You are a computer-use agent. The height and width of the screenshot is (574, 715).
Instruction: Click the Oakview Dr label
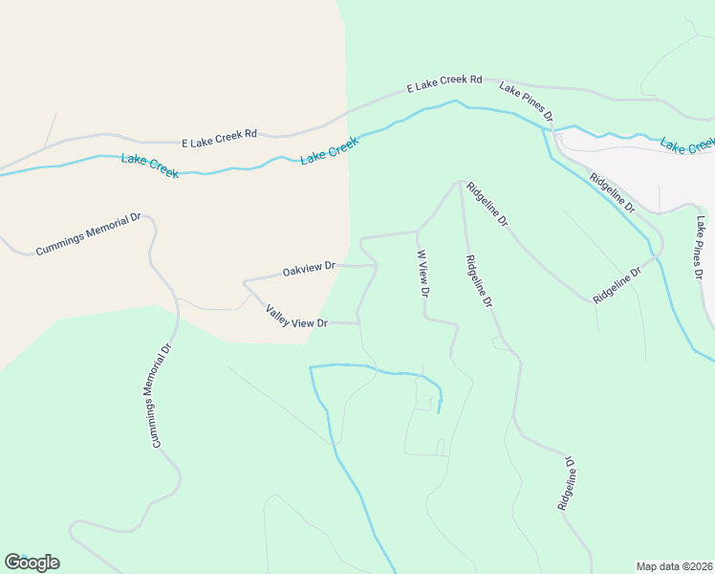(309, 270)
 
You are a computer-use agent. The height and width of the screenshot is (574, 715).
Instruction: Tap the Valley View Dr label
(296, 318)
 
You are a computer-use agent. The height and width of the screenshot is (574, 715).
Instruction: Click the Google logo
(32, 563)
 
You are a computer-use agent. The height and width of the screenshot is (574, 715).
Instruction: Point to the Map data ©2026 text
(674, 566)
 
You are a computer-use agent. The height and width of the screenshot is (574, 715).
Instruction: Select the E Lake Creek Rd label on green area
(444, 85)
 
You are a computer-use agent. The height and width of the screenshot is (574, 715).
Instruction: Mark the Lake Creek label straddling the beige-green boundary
(330, 150)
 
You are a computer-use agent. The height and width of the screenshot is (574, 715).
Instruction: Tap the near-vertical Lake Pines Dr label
(704, 246)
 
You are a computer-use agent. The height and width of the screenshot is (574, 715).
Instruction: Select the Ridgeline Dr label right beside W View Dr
(479, 281)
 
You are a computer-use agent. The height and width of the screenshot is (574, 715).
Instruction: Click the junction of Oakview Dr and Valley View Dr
(246, 282)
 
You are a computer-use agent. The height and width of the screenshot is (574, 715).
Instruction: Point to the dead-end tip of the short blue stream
(439, 412)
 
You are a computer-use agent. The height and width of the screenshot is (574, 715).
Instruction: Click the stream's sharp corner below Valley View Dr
(311, 366)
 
